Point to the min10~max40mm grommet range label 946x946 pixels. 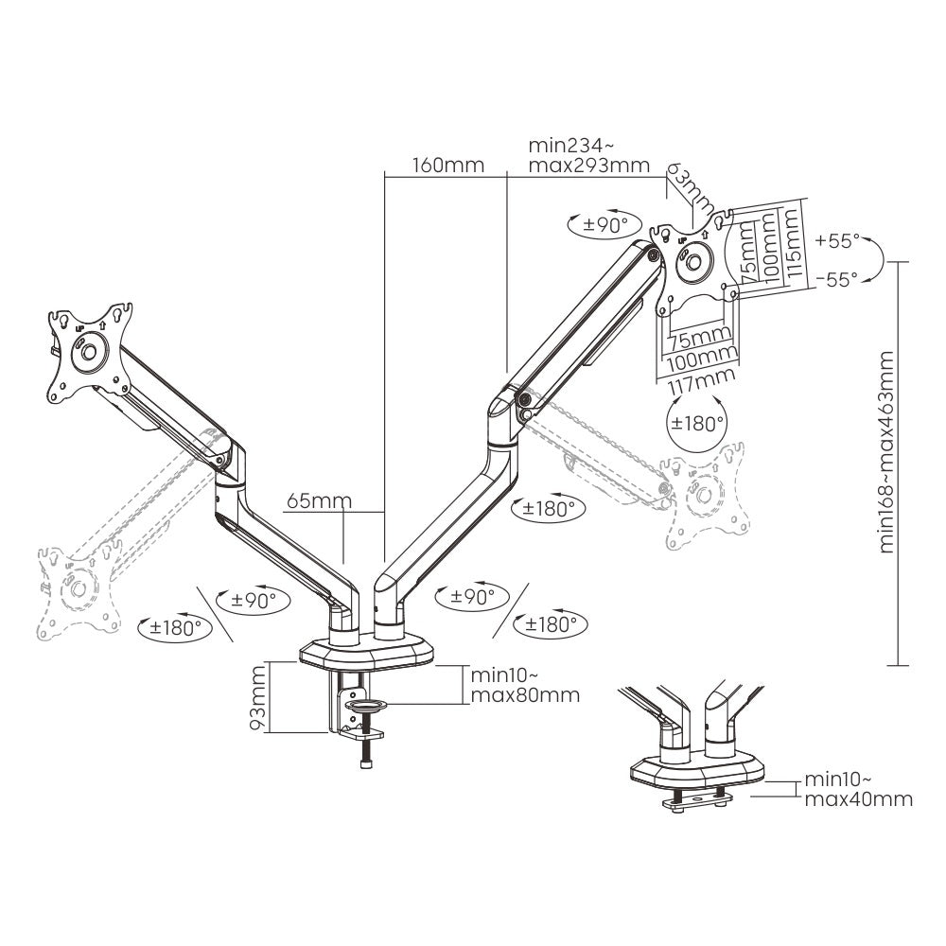[857, 790]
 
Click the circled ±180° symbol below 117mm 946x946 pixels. [697, 423]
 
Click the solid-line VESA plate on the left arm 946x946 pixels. [86, 350]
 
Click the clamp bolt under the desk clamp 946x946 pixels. [365, 753]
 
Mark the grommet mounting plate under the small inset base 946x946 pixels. [701, 800]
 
